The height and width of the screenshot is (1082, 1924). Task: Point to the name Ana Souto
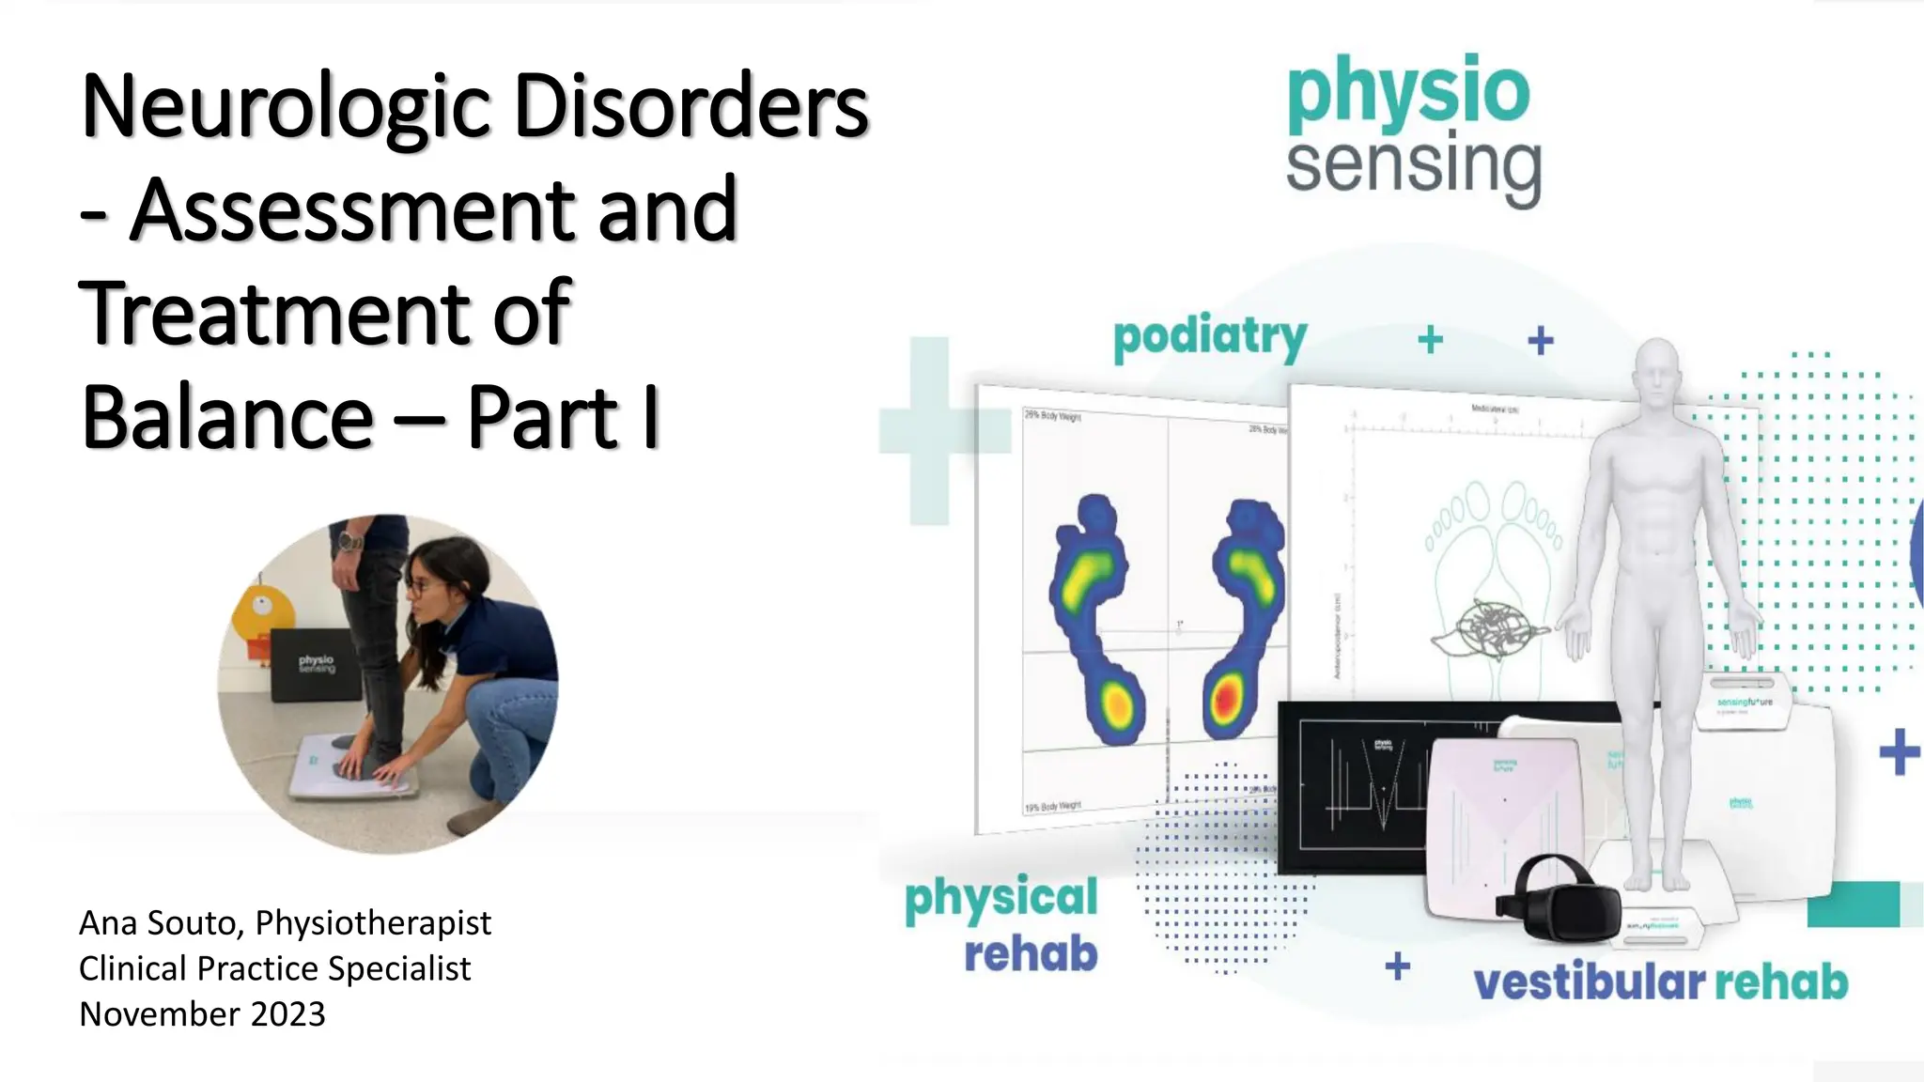pos(156,923)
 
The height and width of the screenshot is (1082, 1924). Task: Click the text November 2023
pos(202,1014)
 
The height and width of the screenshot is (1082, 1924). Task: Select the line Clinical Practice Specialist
pos(274,968)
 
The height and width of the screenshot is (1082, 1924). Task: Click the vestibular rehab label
pos(1660,982)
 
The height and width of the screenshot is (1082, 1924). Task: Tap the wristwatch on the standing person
pos(349,542)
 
